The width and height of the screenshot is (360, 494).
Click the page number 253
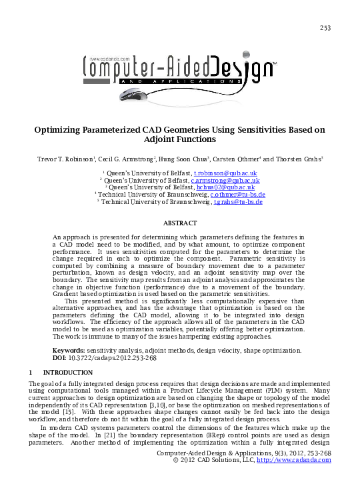point(325,27)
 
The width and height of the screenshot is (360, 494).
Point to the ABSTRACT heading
point(180,223)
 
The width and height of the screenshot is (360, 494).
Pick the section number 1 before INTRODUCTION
point(31,372)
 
